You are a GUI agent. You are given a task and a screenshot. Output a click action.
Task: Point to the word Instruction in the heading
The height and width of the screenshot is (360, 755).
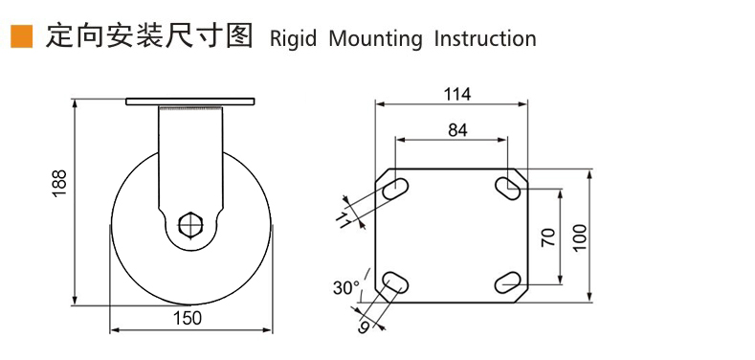[x=485, y=39]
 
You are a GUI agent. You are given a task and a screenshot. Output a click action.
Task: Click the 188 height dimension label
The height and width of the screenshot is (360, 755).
[x=58, y=185]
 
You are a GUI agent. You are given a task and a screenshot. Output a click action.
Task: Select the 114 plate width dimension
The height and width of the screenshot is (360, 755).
[x=456, y=94]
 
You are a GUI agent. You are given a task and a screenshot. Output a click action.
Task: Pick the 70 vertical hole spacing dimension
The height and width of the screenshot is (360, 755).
[x=548, y=236]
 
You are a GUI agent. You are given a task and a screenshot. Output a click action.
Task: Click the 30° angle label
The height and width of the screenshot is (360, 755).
[x=345, y=287]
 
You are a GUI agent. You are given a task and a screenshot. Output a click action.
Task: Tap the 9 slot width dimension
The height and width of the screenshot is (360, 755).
[x=364, y=327]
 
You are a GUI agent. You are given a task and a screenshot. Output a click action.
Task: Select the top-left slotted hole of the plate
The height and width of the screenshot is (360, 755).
[x=393, y=191]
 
